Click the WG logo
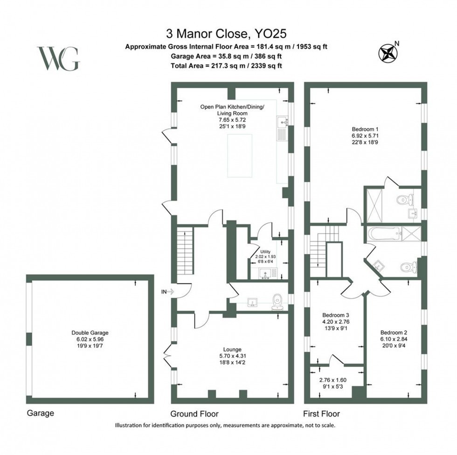(58, 59)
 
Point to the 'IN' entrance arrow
(167, 292)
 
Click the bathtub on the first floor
(387, 234)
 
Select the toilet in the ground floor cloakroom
(278, 301)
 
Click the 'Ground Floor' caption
(194, 414)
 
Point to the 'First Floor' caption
(322, 414)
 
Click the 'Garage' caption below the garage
(40, 413)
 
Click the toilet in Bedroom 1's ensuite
(402, 200)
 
